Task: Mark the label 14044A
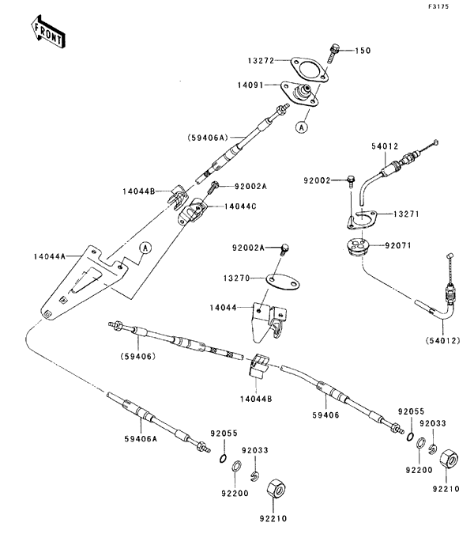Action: pyautogui.click(x=51, y=256)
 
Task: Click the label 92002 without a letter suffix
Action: pyautogui.click(x=323, y=180)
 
